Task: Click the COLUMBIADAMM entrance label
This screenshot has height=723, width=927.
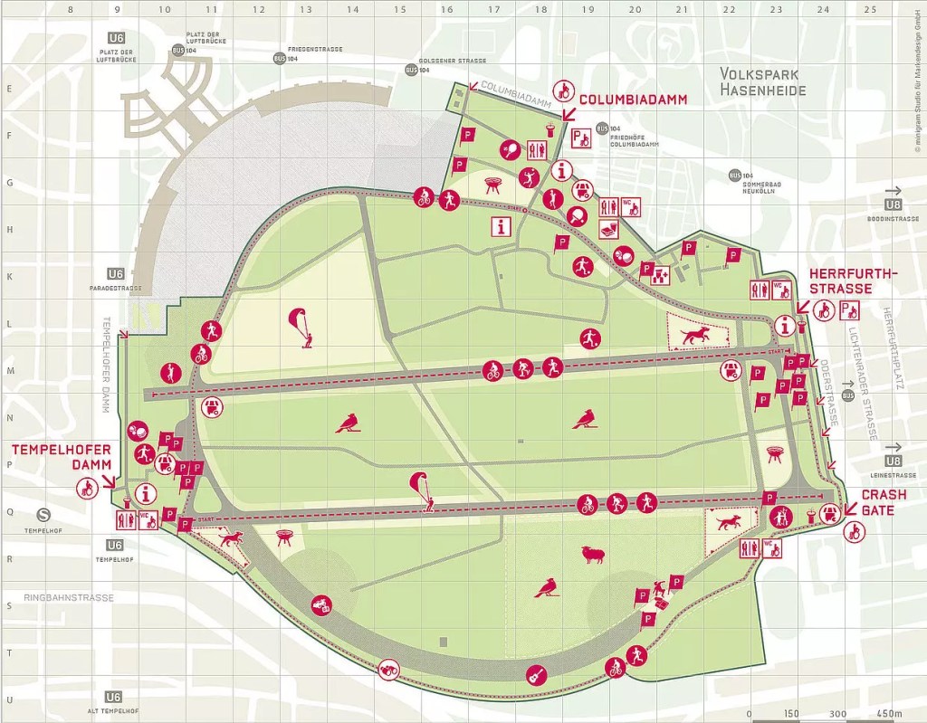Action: pos(633,100)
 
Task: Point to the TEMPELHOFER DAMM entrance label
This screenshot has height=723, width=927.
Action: pos(61,457)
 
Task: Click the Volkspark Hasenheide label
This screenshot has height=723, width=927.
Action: pos(762,81)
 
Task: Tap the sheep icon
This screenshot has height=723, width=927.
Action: pos(594,555)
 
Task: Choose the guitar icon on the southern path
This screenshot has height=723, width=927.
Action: pos(536,674)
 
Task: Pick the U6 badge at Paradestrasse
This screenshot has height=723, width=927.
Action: pos(115,274)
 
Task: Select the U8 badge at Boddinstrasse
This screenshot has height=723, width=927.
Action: pos(894,205)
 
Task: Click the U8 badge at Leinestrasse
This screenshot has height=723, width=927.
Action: pos(894,461)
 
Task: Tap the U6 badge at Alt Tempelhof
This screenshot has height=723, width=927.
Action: pos(115,697)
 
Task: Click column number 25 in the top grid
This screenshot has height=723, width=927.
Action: pos(870,10)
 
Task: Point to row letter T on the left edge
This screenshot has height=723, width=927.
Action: pos(9,652)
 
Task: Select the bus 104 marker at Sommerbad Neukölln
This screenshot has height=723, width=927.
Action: pos(734,175)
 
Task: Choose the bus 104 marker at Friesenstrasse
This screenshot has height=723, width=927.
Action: pos(280,58)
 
